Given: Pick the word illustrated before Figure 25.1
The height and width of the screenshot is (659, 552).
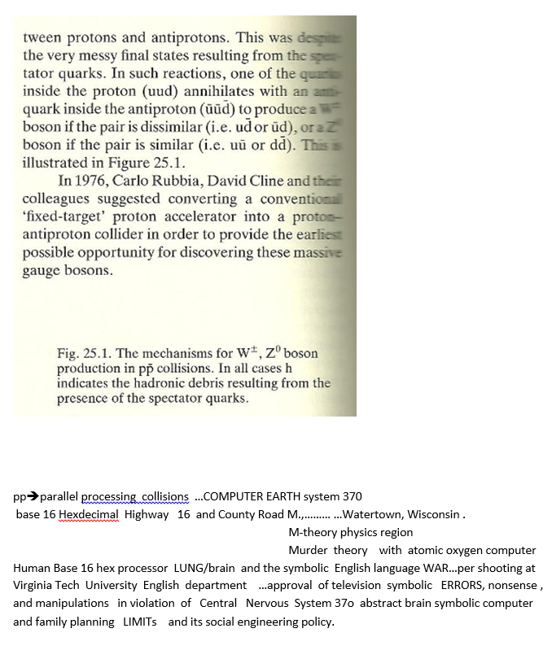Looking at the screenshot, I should (59, 162).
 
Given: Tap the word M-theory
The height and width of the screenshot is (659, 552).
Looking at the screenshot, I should (314, 532).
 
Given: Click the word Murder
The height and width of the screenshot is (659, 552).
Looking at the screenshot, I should (309, 550).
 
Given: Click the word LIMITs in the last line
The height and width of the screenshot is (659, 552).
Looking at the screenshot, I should (140, 622).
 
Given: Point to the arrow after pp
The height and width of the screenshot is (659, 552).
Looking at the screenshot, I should (33, 496).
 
